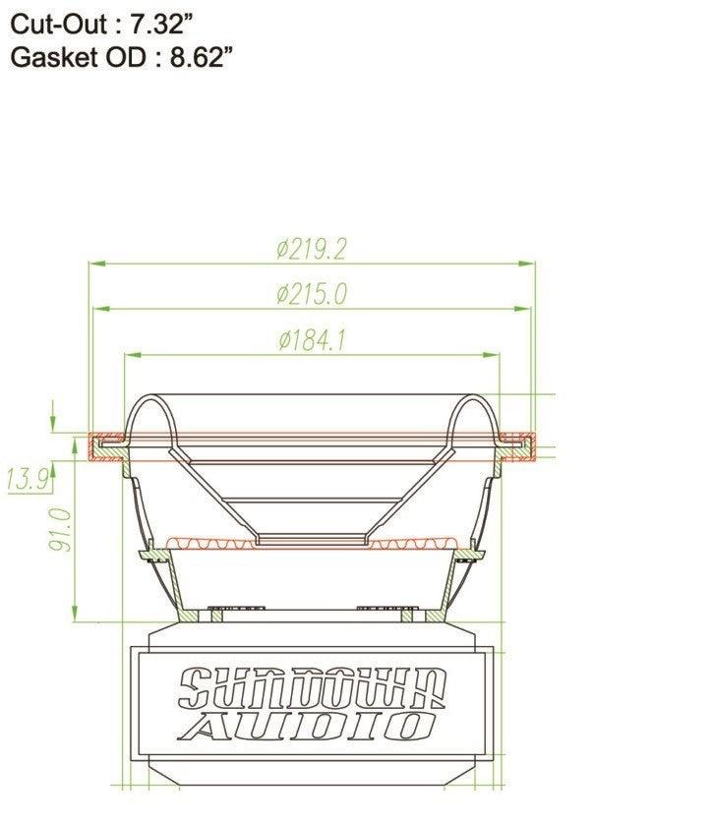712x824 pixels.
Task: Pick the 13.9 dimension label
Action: click(28, 480)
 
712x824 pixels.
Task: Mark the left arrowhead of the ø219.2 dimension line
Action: click(95, 264)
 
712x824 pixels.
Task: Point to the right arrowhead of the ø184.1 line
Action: click(491, 355)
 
